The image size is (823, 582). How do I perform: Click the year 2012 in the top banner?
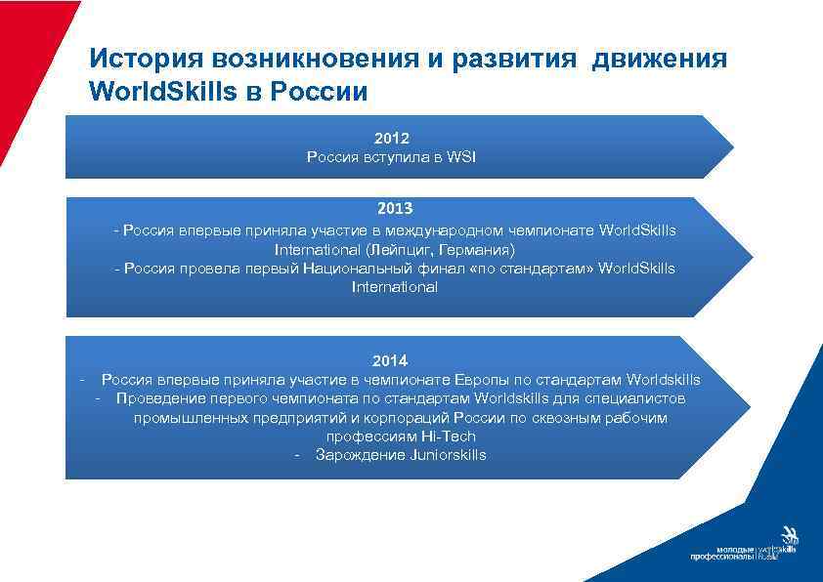[391, 139]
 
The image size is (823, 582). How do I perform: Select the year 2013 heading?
[394, 208]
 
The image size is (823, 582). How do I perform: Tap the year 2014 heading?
[389, 360]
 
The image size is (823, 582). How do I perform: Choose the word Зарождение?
[358, 455]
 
